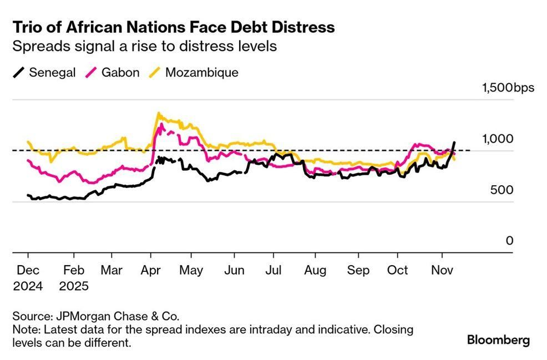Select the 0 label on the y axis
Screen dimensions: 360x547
509,241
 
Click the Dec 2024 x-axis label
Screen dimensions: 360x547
28,278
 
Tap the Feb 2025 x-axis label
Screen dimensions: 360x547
73,278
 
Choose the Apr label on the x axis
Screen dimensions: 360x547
150,271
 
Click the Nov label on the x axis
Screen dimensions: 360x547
442,271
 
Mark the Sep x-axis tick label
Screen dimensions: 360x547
358,271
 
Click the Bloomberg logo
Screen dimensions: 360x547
498,339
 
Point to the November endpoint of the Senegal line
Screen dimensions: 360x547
455,143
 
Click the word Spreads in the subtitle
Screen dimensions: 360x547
38,46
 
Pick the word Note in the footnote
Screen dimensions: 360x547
25,329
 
